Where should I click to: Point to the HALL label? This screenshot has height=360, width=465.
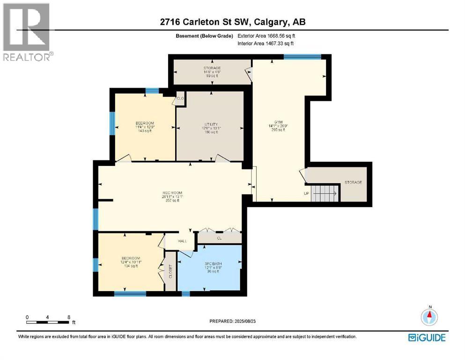coord(182,241)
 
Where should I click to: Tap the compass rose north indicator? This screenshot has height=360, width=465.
coord(429,317)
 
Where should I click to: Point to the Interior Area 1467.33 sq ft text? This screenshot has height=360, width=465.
coord(267,44)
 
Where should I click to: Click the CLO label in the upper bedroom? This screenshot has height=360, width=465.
coord(180,98)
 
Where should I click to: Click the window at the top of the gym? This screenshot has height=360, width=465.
coord(302,57)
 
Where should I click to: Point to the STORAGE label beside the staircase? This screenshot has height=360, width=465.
coord(353,182)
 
